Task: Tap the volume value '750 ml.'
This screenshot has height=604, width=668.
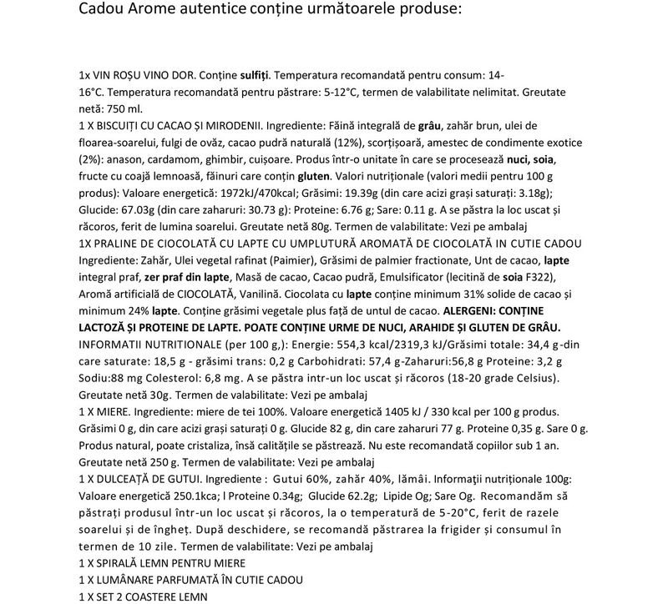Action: pos(124,109)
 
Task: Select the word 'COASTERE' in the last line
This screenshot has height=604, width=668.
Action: pos(149,596)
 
